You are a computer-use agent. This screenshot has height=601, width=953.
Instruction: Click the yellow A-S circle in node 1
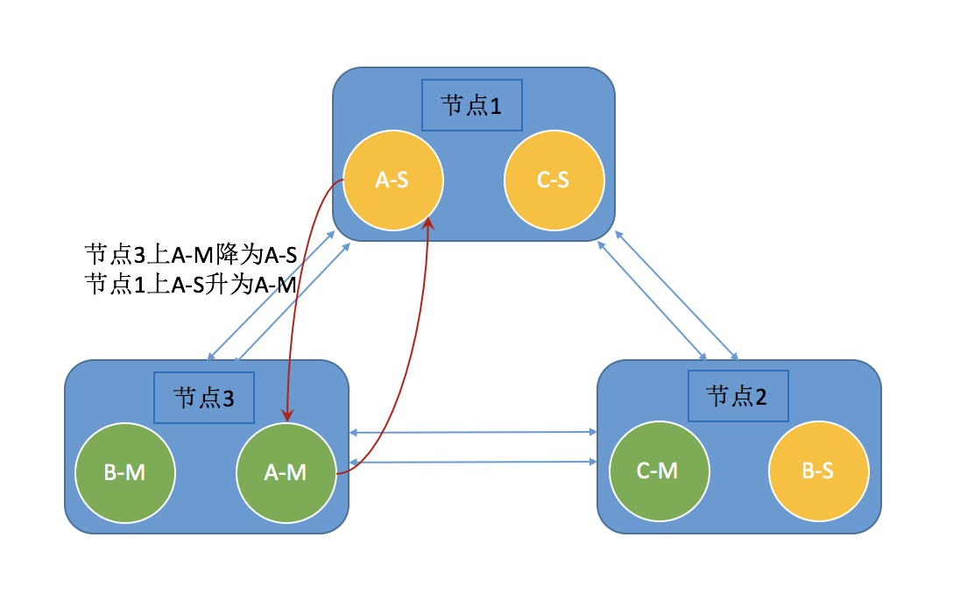click(x=393, y=180)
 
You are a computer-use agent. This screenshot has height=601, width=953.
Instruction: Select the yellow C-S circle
click(x=554, y=180)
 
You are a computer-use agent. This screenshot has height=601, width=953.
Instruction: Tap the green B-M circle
click(x=124, y=472)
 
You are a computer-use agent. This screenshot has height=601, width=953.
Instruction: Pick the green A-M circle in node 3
click(x=286, y=472)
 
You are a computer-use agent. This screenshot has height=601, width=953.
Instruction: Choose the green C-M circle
click(x=658, y=470)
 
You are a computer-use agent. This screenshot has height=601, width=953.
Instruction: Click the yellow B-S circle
click(x=818, y=470)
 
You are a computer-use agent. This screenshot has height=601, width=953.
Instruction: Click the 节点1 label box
click(x=471, y=105)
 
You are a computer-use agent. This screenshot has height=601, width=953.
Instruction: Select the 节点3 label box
click(x=203, y=397)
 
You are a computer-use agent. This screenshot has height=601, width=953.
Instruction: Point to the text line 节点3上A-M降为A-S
click(x=191, y=256)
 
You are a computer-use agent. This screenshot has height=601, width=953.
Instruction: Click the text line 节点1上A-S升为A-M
click(x=191, y=285)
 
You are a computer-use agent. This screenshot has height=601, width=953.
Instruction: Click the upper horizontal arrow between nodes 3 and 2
click(x=473, y=432)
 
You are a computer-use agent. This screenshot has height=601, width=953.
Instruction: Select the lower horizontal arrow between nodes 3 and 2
click(x=473, y=461)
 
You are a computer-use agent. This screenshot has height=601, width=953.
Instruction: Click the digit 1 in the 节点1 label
click(x=495, y=106)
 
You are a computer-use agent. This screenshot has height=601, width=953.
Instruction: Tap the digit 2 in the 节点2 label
click(x=760, y=396)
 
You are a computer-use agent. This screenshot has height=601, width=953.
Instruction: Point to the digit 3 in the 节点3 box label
click(x=227, y=398)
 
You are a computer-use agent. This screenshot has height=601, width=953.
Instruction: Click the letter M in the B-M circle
click(x=136, y=472)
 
